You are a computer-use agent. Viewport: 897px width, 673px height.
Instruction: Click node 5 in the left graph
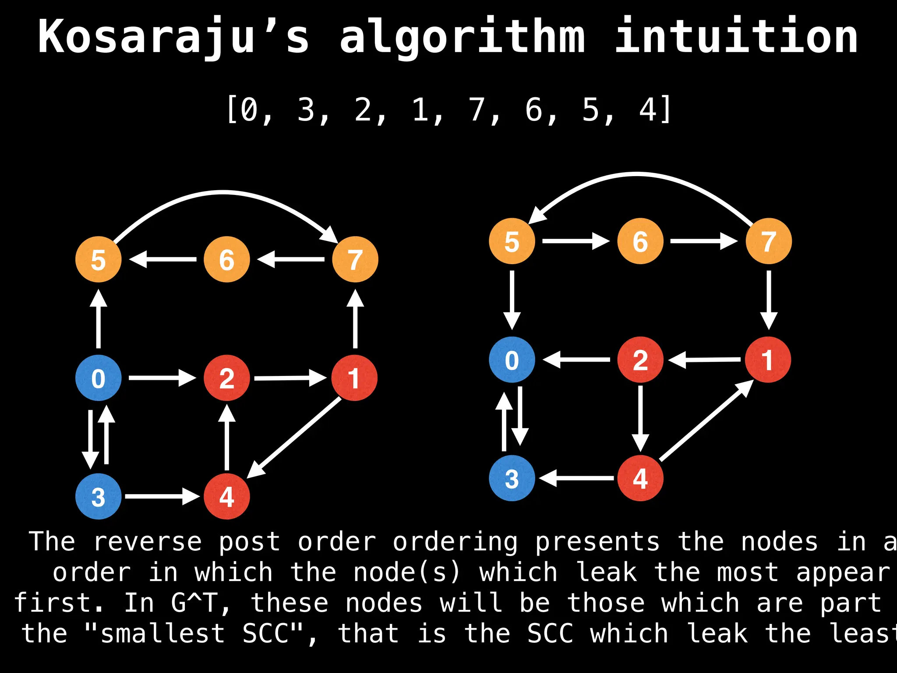(98, 259)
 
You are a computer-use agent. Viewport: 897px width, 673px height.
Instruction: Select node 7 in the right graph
(769, 241)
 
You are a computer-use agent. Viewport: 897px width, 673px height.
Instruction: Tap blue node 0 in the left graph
(98, 378)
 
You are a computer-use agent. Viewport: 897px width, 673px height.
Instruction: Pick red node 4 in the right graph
(640, 478)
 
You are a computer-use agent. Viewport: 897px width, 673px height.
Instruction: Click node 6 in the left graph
(226, 259)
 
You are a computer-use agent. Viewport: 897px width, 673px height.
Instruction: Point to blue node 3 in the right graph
(512, 478)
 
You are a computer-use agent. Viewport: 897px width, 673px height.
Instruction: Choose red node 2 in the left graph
(226, 378)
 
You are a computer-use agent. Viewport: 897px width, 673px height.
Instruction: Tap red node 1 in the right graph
(768, 360)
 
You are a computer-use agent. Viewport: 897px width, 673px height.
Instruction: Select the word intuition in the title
(736, 37)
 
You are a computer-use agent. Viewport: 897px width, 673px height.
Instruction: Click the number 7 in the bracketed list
(477, 110)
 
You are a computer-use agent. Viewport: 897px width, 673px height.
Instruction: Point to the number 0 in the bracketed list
(249, 110)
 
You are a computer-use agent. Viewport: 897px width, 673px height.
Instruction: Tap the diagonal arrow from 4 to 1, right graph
(705, 421)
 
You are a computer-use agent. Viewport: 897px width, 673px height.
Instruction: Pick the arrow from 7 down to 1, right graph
(769, 300)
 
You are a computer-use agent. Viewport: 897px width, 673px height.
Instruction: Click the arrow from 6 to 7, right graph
(703, 241)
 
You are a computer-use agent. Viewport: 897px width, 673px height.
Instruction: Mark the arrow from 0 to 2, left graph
(162, 377)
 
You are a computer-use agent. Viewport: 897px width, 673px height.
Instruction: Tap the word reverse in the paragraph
(147, 542)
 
